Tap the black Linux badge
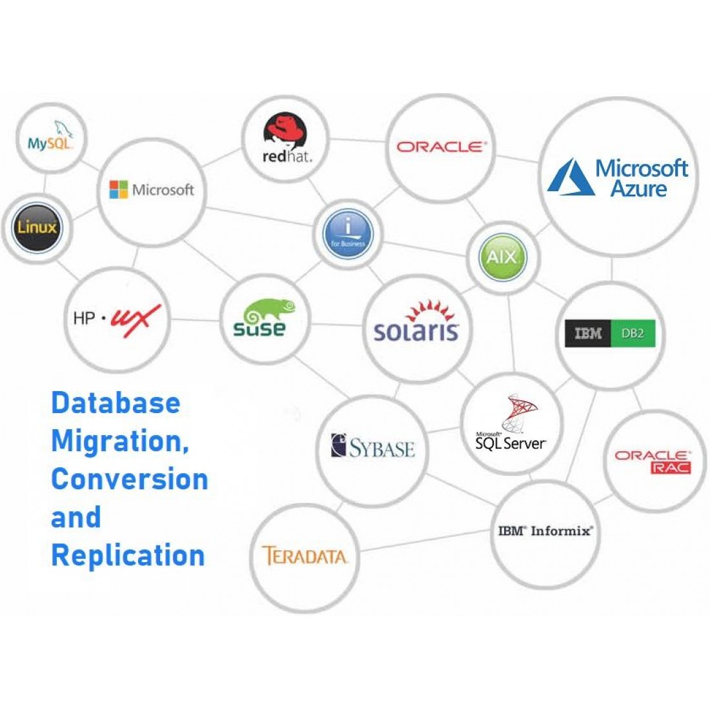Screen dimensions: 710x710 37,227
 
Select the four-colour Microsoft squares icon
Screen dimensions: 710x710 119,190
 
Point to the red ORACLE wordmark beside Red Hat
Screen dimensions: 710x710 441,147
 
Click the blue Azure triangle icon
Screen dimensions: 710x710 571,177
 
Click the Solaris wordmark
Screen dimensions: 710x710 416,331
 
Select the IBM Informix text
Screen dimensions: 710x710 545,531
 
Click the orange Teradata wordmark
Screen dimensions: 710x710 304,556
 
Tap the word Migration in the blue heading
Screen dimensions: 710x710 120,441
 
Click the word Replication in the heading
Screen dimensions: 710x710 128,555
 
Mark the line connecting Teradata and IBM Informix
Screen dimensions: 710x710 426,542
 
